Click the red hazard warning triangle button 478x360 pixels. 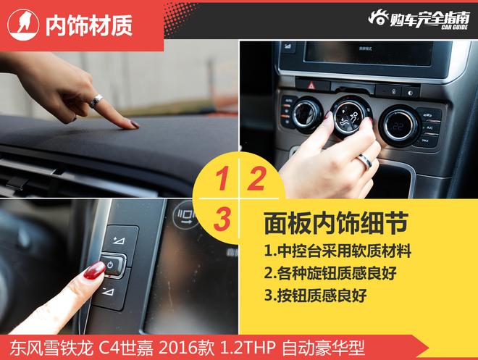[311, 85]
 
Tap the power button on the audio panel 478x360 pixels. [112, 264]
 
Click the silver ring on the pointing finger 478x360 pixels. [96, 101]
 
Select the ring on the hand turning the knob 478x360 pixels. [365, 161]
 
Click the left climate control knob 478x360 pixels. [306, 115]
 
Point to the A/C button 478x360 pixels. [429, 127]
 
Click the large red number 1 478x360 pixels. [222, 179]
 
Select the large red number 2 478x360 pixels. [256, 179]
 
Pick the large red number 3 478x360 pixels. [222, 219]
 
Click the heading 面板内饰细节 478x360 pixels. [335, 223]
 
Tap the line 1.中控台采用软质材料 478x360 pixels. [337, 251]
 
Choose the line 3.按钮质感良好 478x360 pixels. [316, 295]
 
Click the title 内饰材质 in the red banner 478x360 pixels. [88, 25]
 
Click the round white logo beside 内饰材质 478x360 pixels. [23, 25]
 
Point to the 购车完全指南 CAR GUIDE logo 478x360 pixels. [419, 20]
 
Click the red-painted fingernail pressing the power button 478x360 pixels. [94, 270]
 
